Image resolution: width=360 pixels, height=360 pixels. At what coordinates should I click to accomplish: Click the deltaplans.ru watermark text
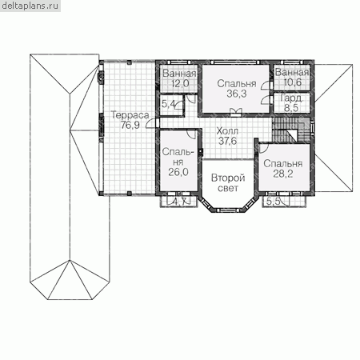(x=30, y=6)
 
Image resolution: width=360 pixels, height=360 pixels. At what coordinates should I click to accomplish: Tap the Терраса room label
(x=130, y=115)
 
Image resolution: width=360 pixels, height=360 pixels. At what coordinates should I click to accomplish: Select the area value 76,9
(x=130, y=125)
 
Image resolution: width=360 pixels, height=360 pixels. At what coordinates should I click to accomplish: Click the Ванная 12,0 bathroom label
(x=179, y=78)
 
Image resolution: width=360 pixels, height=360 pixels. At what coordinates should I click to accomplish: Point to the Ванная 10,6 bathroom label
(x=292, y=77)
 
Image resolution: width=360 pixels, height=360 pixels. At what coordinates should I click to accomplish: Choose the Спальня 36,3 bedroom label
(x=237, y=89)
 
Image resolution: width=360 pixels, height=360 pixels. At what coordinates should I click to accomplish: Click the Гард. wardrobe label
(x=292, y=98)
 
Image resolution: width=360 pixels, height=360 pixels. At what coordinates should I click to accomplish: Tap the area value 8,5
(x=291, y=108)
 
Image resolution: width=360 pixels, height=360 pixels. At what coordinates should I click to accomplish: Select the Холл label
(x=227, y=131)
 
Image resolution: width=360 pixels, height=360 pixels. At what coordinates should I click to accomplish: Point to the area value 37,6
(x=227, y=141)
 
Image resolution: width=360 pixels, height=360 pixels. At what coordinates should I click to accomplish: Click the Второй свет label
(x=228, y=183)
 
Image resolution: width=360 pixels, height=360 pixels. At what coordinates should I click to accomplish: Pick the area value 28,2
(x=283, y=174)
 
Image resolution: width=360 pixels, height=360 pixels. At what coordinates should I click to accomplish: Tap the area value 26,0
(x=178, y=172)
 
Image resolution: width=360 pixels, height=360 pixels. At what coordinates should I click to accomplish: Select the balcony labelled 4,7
(x=178, y=202)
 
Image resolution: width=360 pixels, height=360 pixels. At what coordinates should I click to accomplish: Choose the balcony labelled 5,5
(x=283, y=202)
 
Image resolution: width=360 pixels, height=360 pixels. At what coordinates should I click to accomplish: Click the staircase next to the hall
(x=292, y=130)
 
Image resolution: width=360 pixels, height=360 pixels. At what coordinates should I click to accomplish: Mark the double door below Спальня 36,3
(x=235, y=112)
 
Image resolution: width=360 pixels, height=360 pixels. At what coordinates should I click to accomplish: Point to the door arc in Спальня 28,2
(x=263, y=148)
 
